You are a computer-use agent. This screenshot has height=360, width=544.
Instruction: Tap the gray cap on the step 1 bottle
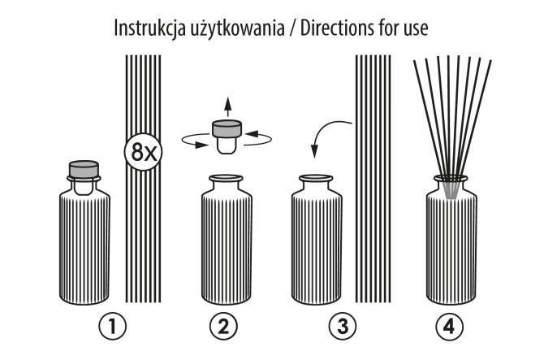83,170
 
